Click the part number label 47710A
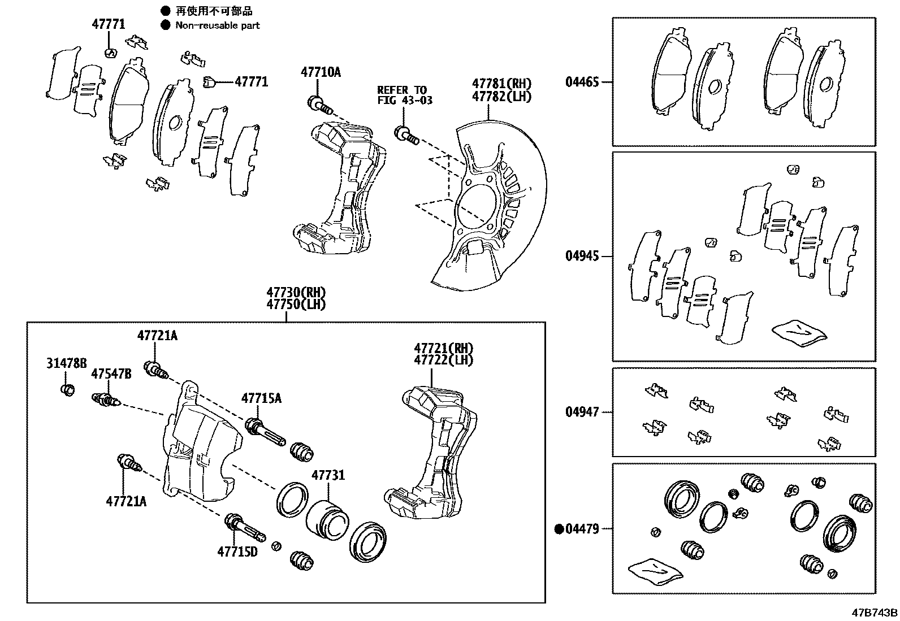pos(321,72)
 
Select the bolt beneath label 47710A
pos(318,105)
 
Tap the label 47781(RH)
pos(502,85)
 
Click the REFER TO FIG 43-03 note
pos(402,95)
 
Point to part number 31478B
pos(67,363)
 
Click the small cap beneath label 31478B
pos(67,390)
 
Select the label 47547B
pos(111,374)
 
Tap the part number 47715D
pos(237,550)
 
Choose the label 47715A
pos(261,398)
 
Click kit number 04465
pos(582,82)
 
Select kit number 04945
pos(582,256)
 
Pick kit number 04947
pos(582,412)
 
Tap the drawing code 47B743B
pos(875,613)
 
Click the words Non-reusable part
pos(218,25)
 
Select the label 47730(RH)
pos(296,293)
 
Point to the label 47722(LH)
pos(443,360)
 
